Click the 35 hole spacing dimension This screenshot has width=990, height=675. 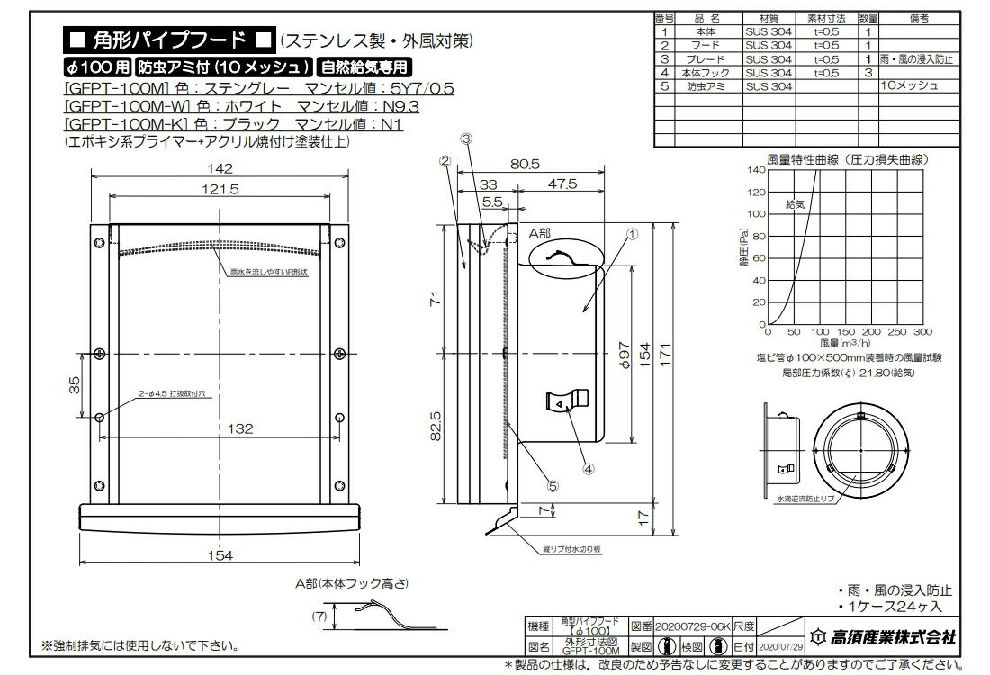76,384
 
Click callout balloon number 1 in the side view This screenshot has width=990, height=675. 632,232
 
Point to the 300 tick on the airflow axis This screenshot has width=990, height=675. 929,332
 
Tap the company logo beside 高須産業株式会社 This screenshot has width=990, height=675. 817,636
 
